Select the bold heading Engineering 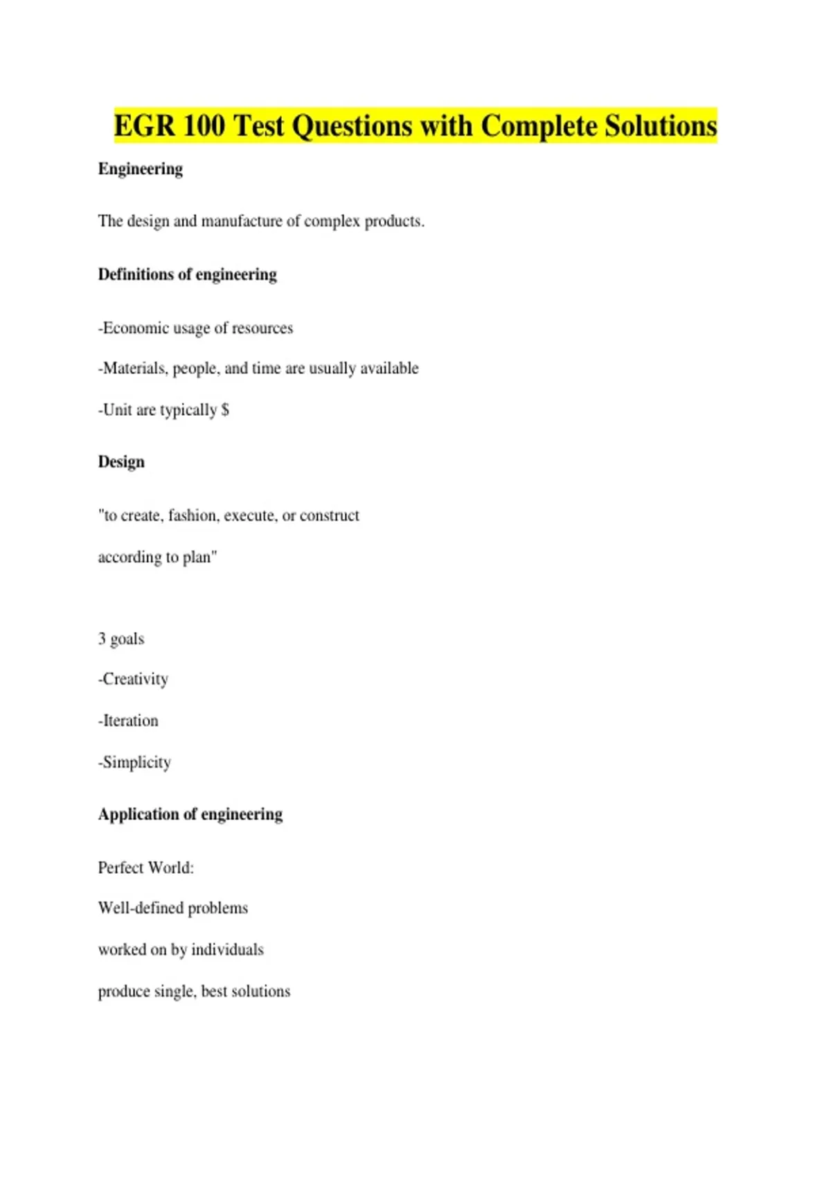(140, 169)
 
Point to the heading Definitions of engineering (187, 274)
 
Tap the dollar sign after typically (225, 410)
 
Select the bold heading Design (121, 462)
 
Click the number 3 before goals (102, 639)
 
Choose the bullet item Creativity (135, 679)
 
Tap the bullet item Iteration (130, 721)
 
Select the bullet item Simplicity (136, 762)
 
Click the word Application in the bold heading (137, 814)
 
